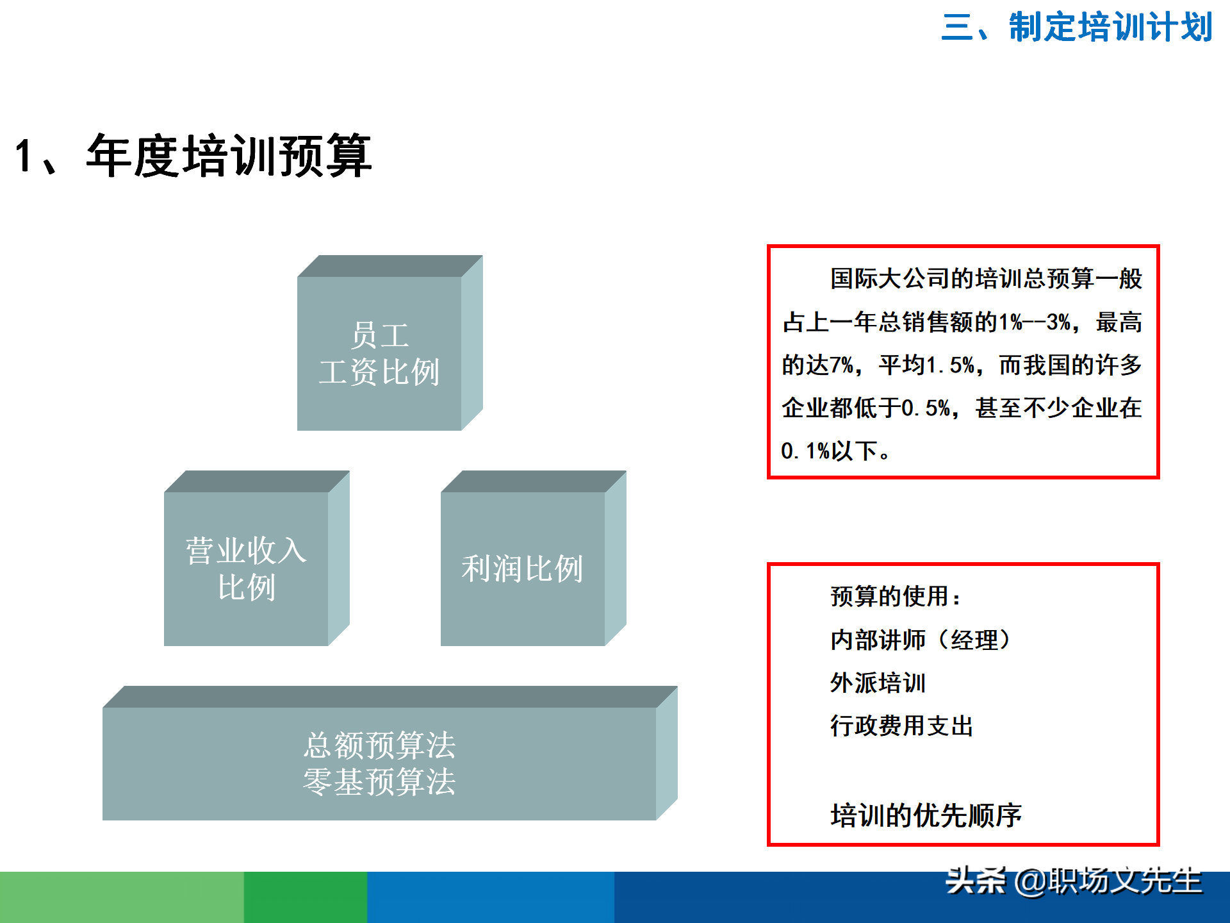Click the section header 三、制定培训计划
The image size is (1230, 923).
(x=1076, y=27)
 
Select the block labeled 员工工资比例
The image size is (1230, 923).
(x=379, y=353)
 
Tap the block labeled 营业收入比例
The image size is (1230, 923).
(x=246, y=569)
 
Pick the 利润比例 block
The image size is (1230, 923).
(x=522, y=569)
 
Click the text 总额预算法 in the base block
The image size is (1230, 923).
(x=379, y=745)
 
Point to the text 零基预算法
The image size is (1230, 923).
(x=379, y=782)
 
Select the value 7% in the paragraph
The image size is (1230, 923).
(x=842, y=365)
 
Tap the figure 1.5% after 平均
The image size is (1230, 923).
(x=951, y=365)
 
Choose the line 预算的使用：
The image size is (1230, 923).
(x=895, y=597)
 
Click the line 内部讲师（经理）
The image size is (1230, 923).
(x=921, y=640)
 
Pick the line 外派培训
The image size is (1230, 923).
(x=878, y=683)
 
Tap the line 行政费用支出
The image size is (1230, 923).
(x=901, y=726)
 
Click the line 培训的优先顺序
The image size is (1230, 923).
(x=926, y=815)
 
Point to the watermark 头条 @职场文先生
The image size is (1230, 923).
(x=1074, y=881)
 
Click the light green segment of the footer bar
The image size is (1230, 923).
(x=122, y=897)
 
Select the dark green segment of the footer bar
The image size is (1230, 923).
(x=305, y=897)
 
